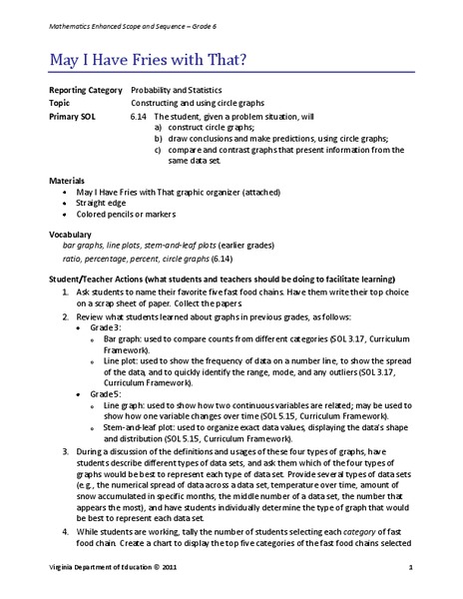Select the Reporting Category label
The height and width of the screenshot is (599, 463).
coord(83,91)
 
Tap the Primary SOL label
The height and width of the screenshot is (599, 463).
coord(71,116)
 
